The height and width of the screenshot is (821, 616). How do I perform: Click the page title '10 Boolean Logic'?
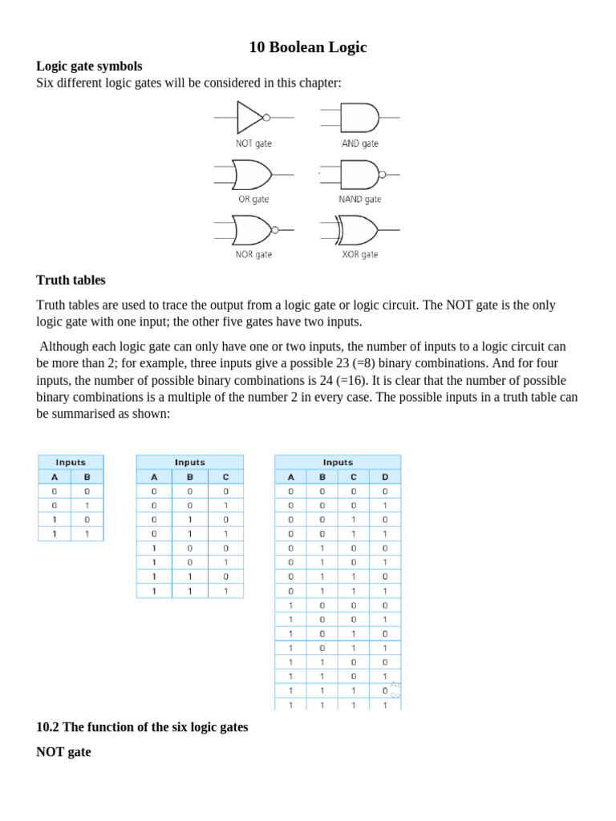pyautogui.click(x=308, y=47)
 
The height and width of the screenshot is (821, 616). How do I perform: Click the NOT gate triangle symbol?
pyautogui.click(x=249, y=117)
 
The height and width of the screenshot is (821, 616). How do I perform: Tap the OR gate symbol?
pyautogui.click(x=251, y=173)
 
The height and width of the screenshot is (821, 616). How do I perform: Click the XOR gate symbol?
pyautogui.click(x=359, y=229)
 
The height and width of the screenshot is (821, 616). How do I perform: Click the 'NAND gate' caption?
pyautogui.click(x=360, y=199)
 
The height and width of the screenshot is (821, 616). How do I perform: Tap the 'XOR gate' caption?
pyautogui.click(x=359, y=254)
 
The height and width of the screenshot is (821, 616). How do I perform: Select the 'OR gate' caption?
pyautogui.click(x=253, y=199)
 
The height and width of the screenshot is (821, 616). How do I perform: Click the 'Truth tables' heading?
pyautogui.click(x=71, y=280)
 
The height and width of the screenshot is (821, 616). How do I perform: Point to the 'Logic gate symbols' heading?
pyautogui.click(x=89, y=66)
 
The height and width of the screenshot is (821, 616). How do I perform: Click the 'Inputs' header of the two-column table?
pyautogui.click(x=71, y=462)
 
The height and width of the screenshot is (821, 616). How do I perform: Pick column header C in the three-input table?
pyautogui.click(x=225, y=476)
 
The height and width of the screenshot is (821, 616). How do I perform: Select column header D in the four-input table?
pyautogui.click(x=385, y=476)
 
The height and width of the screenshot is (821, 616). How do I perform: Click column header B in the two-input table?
pyautogui.click(x=87, y=476)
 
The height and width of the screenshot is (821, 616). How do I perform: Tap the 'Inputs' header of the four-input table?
pyautogui.click(x=338, y=462)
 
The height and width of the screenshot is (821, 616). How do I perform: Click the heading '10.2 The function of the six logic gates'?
pyautogui.click(x=142, y=726)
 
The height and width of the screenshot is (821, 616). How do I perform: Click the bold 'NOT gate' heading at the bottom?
pyautogui.click(x=63, y=752)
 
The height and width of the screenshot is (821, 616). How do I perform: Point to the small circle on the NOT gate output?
pyautogui.click(x=267, y=117)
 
